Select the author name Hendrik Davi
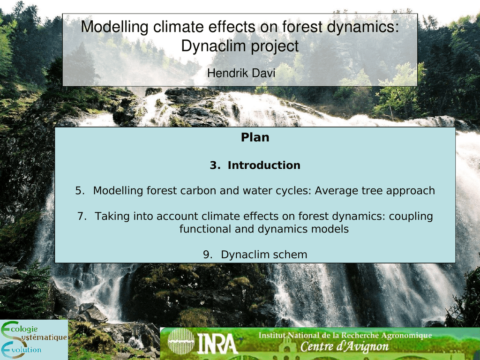[x=241, y=73]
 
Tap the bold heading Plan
[x=255, y=137]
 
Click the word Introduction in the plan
[x=264, y=165]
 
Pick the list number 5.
[x=80, y=191]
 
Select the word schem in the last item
[x=291, y=255]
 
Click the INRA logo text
[x=217, y=344]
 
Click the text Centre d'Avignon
[x=345, y=346]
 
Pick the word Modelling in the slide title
[x=115, y=27]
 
